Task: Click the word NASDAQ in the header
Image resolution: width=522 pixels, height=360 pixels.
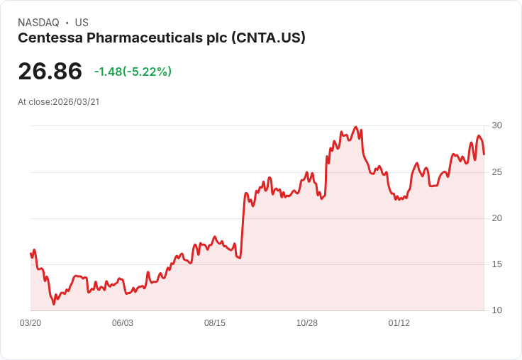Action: pos(38,23)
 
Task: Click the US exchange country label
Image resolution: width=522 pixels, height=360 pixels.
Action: pos(82,23)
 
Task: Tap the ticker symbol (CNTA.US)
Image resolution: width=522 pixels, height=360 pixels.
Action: pos(268,38)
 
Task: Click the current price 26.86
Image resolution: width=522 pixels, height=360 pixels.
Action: pos(50,71)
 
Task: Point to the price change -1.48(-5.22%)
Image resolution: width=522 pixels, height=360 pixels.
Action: pos(133,72)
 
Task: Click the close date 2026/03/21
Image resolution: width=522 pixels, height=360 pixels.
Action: pos(76,101)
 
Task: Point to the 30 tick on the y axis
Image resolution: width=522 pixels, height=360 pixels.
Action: pos(497,125)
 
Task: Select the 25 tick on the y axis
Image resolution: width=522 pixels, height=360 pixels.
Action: pos(497,171)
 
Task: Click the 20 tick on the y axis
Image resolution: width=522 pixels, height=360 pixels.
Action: pos(497,218)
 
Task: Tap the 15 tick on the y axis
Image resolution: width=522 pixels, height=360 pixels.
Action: pos(497,264)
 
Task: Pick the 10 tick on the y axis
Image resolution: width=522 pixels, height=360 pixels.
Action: pos(497,310)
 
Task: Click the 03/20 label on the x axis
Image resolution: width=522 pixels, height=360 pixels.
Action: pos(30,322)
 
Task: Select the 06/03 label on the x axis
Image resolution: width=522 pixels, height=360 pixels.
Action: pos(123,322)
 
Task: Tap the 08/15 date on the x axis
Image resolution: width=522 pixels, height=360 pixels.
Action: pos(215,322)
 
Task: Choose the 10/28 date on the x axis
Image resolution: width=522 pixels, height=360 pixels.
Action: pos(307,322)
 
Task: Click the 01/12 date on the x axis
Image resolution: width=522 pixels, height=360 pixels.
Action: pos(399,322)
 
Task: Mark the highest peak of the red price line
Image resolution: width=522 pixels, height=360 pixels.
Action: pos(355,128)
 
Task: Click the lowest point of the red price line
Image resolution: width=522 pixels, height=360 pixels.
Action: pos(54,304)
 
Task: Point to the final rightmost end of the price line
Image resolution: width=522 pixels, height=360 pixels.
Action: pos(484,154)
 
